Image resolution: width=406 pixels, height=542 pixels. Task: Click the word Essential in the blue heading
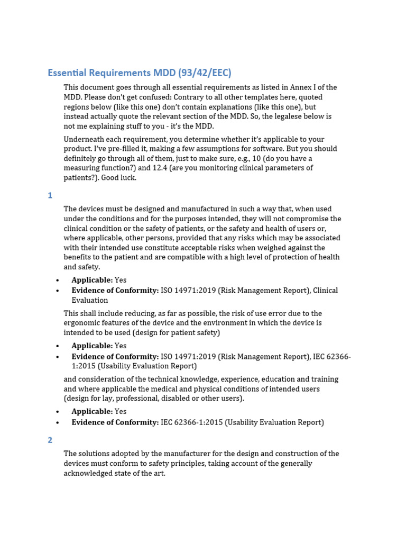tap(69, 73)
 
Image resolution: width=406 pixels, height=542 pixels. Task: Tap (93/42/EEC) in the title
tap(205, 73)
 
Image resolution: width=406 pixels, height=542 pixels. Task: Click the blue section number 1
tap(50, 195)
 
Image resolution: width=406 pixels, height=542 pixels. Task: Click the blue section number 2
tap(50, 440)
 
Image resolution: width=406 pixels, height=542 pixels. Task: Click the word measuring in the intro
tap(87, 168)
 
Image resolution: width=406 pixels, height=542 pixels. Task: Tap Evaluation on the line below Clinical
tap(90, 300)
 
